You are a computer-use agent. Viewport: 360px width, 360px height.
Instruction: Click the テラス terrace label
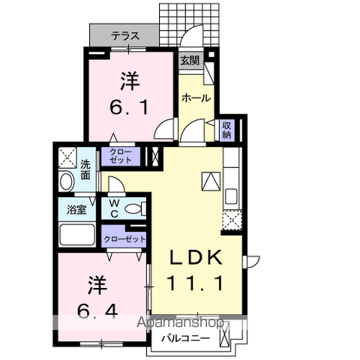(x=124, y=34)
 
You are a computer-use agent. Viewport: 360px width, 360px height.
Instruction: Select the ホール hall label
(x=195, y=97)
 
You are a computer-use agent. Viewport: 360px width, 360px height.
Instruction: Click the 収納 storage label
(x=227, y=130)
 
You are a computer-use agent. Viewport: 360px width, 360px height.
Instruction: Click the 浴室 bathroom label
(x=76, y=209)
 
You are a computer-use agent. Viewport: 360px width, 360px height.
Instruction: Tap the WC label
(x=114, y=208)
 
